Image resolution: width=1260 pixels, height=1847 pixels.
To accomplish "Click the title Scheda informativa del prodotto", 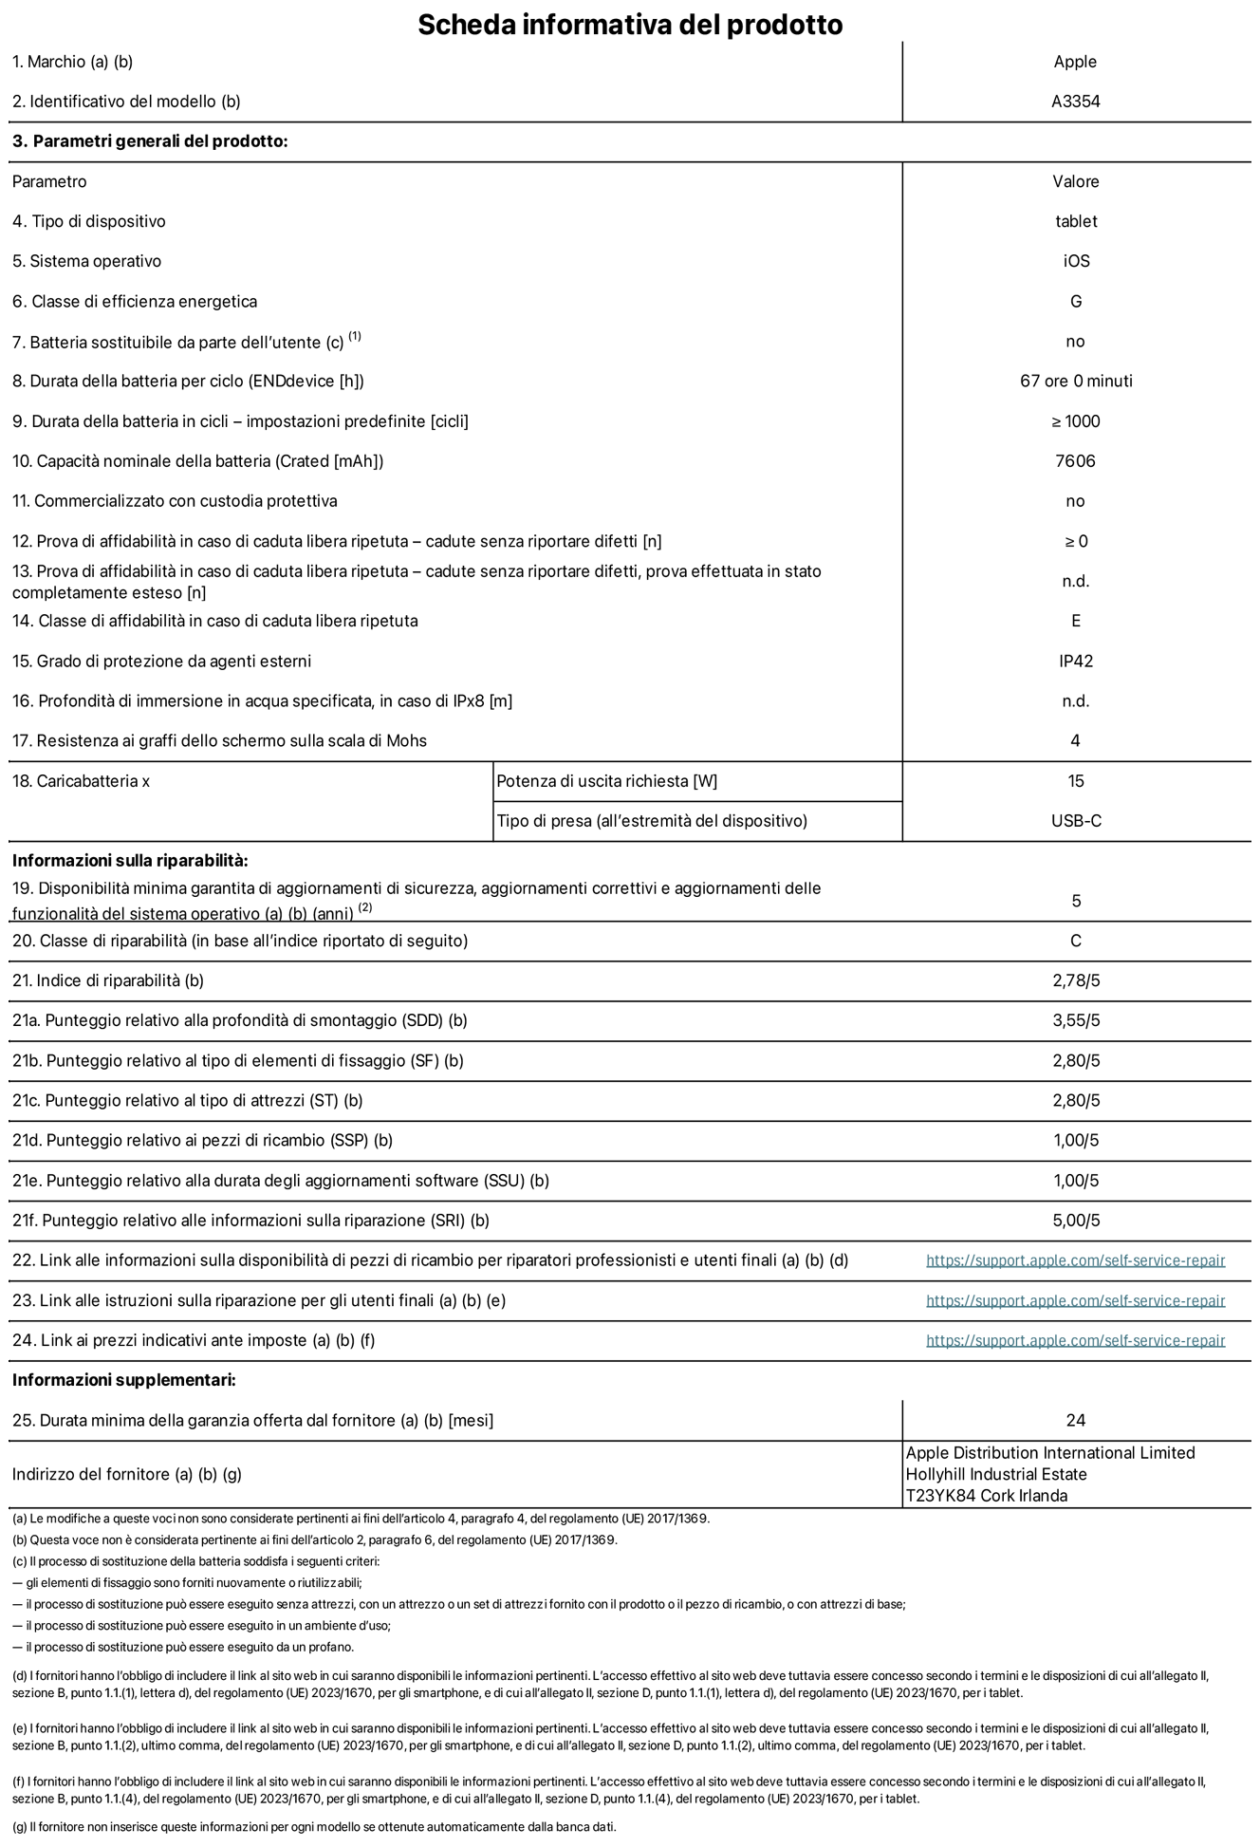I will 630,24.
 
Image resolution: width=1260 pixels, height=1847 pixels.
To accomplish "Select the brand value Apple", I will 1075,62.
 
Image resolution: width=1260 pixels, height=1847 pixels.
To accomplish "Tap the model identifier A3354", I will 1075,102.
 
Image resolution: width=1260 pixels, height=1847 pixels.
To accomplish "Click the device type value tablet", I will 1075,221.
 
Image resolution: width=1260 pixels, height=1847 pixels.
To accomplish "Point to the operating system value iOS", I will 1076,261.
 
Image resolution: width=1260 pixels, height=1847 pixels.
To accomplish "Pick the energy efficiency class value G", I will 1075,301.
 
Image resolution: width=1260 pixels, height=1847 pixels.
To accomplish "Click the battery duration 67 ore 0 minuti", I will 1075,381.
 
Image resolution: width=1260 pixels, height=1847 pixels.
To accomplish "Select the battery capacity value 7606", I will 1075,461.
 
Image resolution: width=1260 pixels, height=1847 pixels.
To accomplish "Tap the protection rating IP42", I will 1075,661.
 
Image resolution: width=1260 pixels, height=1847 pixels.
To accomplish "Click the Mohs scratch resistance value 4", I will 1075,740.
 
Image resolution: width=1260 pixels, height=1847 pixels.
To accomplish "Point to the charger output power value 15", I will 1075,781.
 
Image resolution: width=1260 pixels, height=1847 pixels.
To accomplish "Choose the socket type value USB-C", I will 1076,821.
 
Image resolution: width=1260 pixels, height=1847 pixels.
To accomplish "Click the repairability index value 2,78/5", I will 1075,980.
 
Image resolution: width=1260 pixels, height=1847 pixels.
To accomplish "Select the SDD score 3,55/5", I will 1075,1020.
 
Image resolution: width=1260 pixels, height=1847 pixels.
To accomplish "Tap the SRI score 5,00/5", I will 1075,1221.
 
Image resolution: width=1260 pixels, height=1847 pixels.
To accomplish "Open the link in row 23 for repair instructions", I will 1075,1300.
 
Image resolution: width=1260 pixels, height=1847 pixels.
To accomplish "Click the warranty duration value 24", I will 1075,1420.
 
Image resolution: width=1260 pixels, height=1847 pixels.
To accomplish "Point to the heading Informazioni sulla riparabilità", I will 130,861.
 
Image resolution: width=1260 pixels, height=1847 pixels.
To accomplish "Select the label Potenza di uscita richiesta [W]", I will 607,781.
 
